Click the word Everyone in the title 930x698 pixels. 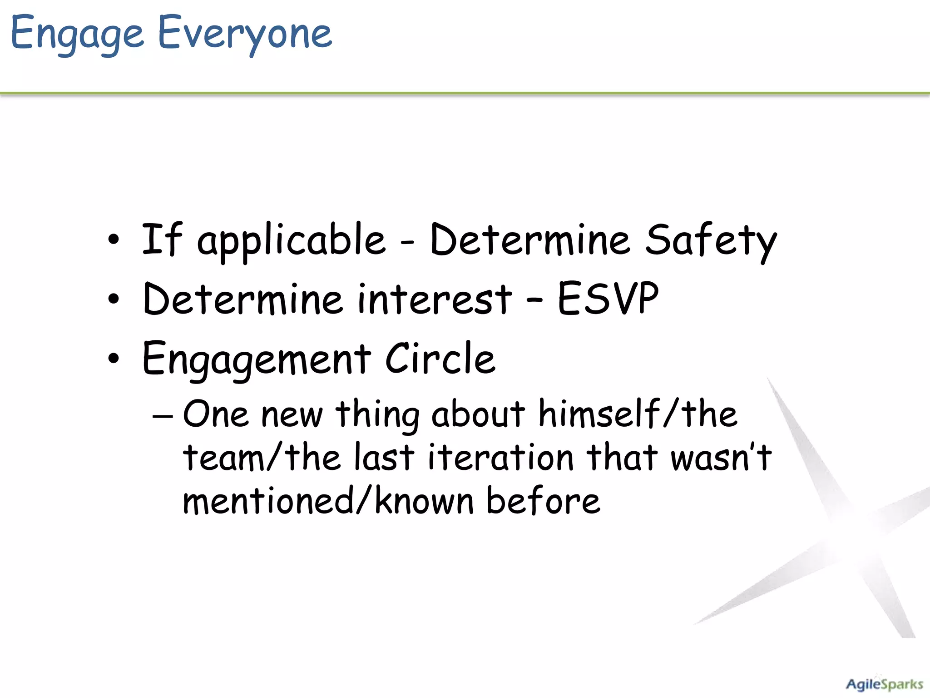coord(245,34)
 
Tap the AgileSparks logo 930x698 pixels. coord(884,684)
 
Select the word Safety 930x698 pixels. coord(711,240)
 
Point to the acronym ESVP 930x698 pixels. coord(608,299)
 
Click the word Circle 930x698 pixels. coord(440,359)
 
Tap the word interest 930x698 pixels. coord(435,299)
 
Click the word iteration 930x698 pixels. coord(501,457)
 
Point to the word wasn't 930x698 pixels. coord(721,457)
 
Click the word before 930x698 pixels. coord(543,501)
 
